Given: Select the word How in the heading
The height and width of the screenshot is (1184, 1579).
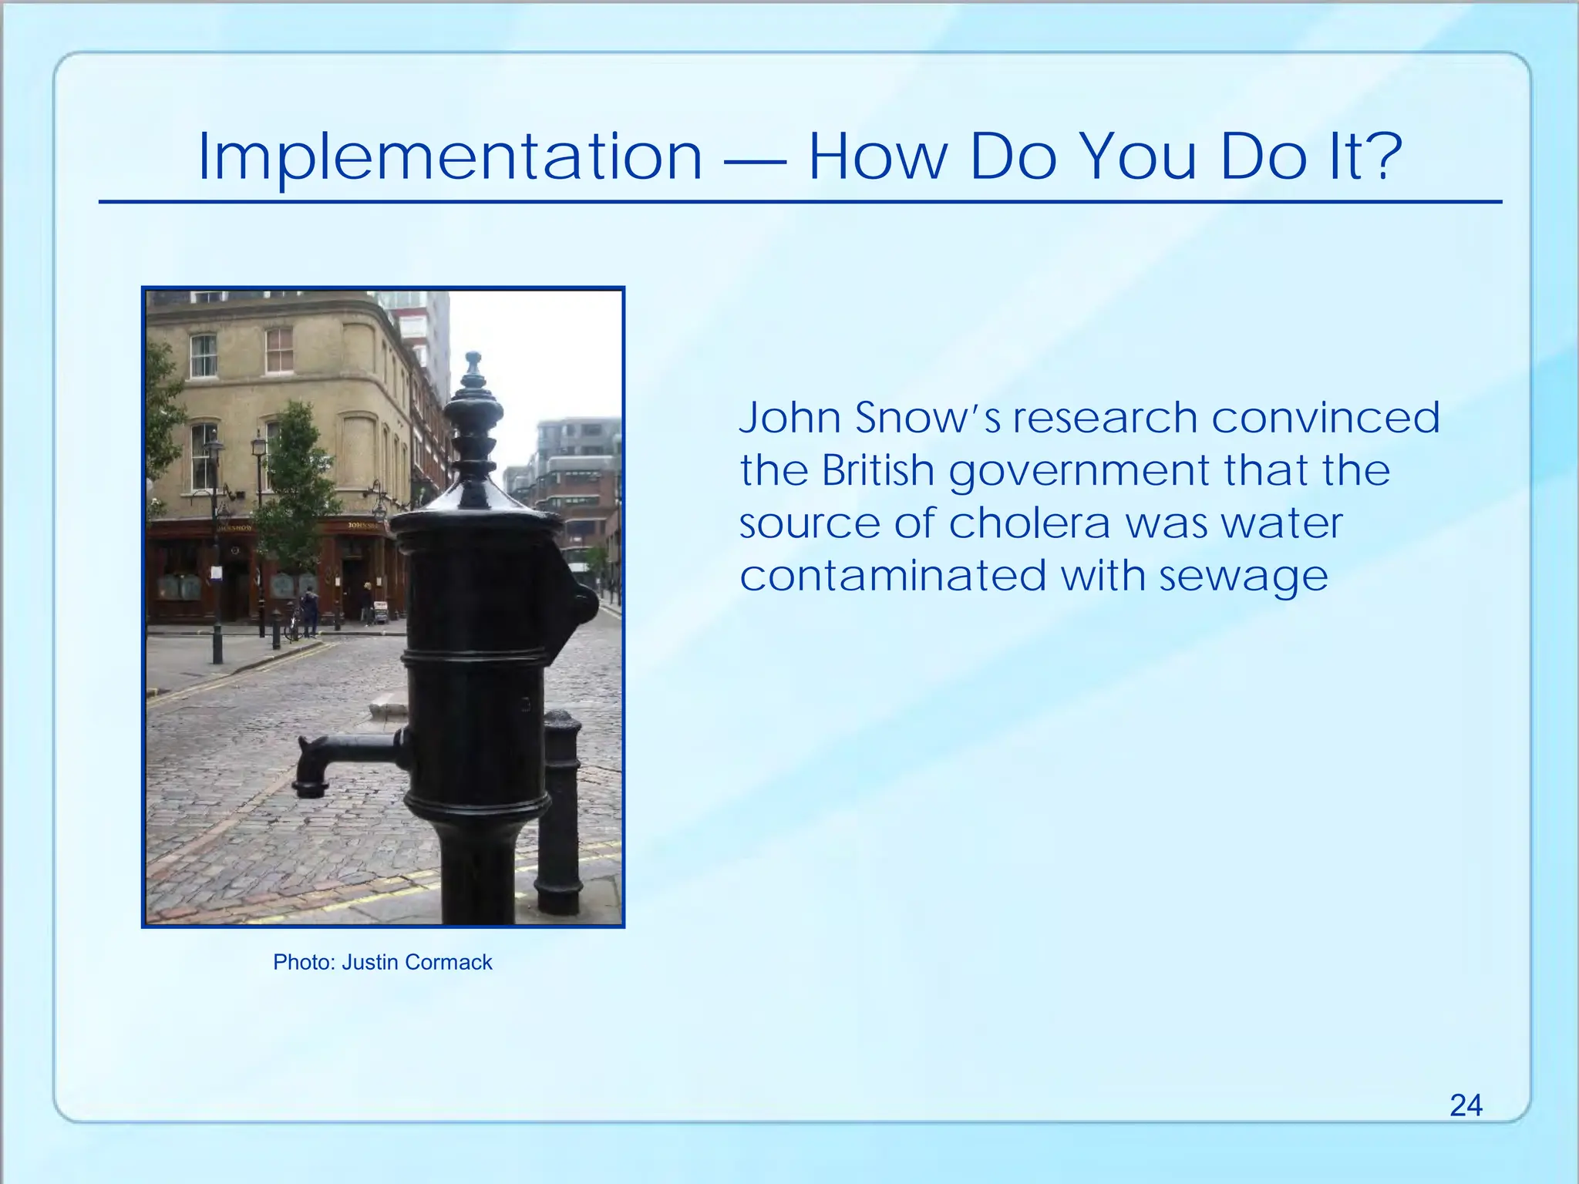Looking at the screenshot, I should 878,157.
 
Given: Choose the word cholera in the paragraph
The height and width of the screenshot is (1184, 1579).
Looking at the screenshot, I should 1029,524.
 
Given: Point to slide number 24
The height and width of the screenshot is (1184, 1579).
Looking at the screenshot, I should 1466,1105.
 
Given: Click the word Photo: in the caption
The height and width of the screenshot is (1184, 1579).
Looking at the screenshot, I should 304,962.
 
